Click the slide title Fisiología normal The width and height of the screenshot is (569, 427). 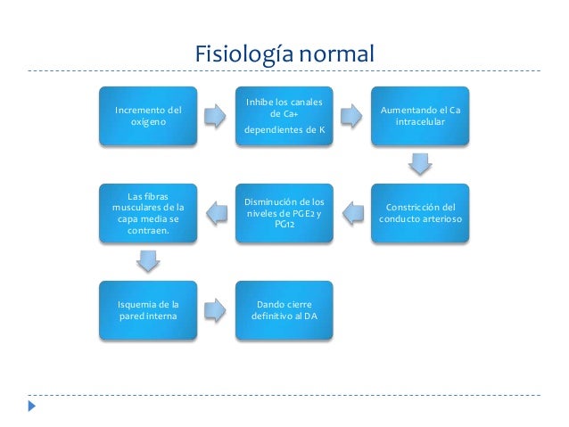point(284,55)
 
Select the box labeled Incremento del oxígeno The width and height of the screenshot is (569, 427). point(148,116)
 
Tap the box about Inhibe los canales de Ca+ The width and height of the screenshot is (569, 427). point(284,116)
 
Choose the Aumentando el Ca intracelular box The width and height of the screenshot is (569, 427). point(420,116)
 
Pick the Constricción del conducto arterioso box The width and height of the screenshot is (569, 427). point(420,213)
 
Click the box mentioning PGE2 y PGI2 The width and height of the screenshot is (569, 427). point(284,213)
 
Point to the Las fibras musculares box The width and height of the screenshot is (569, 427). point(148,213)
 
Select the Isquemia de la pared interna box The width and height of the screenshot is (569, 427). point(148,309)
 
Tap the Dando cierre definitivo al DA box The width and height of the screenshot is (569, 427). point(284,309)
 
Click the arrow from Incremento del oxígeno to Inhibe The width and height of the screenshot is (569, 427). point(216,116)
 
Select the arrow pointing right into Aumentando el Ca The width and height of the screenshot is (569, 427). point(352,116)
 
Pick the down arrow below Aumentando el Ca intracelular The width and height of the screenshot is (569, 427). point(420,164)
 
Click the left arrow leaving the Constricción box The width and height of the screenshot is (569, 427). point(352,212)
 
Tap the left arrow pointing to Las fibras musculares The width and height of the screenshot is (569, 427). point(216,212)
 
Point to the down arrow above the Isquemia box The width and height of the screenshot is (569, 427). point(148,261)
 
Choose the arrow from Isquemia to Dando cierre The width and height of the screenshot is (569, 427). point(216,309)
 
